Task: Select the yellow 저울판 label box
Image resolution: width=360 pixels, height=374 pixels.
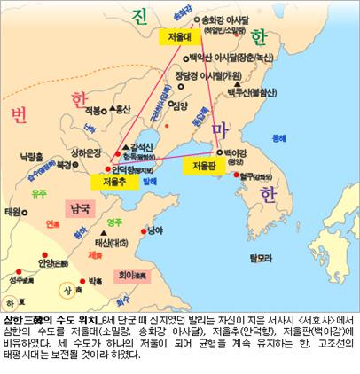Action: (202, 165)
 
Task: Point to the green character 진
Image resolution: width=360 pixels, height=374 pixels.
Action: (139, 19)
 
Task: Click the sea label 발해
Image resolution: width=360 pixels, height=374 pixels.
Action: (150, 180)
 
